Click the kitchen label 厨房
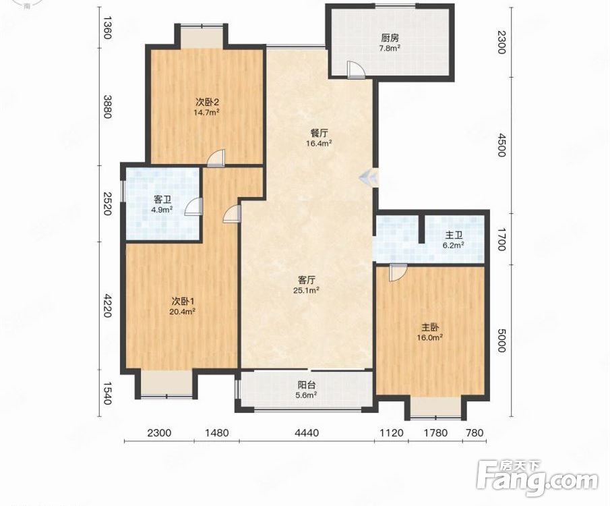(390, 38)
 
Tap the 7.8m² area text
(390, 49)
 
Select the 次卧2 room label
(208, 103)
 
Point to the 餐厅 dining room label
(319, 133)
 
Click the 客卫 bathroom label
(162, 200)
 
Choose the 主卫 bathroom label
(454, 235)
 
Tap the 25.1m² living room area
(309, 290)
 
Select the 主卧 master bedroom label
(430, 327)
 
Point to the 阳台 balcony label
(307, 385)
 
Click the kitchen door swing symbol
(356, 70)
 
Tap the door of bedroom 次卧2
(216, 159)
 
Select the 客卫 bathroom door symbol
(193, 206)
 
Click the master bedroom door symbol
(398, 273)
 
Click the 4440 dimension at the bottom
(307, 432)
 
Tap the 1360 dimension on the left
(107, 27)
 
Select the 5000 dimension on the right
(501, 341)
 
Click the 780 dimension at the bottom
(475, 432)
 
